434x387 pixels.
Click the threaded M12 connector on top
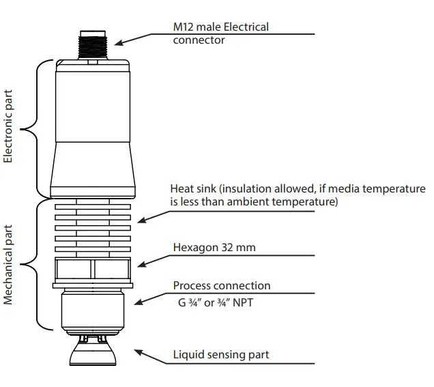coord(93,43)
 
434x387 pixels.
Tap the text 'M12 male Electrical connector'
coord(220,33)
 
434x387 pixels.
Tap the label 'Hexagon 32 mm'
coord(214,248)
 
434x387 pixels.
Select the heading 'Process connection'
coord(222,286)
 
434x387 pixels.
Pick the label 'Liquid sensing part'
coord(221,354)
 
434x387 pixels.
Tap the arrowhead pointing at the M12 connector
coord(118,43)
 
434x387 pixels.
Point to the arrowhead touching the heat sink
coord(140,220)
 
